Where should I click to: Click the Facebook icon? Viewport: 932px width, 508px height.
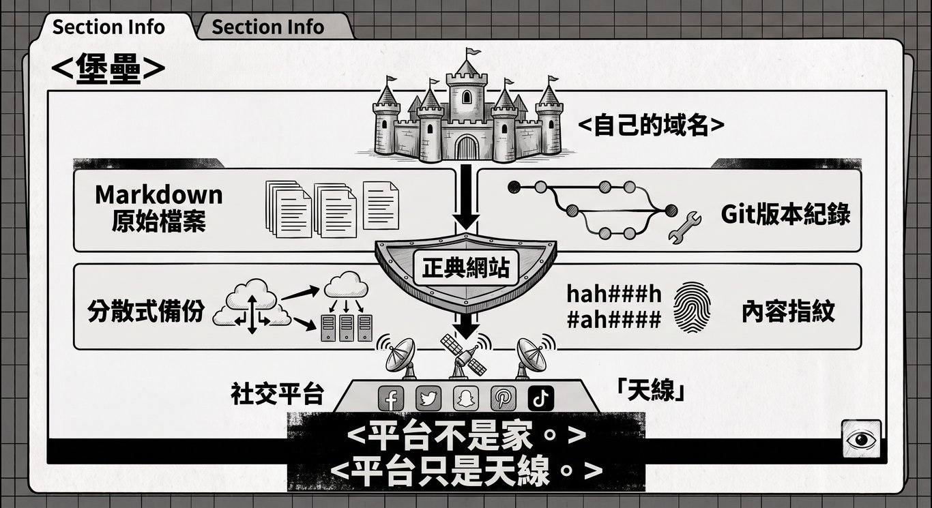[x=391, y=398]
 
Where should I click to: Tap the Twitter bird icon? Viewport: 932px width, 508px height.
[x=428, y=398]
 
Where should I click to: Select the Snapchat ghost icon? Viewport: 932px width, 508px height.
[x=465, y=398]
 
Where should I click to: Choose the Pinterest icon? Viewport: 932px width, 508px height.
[x=503, y=398]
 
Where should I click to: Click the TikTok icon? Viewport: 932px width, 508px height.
[x=540, y=398]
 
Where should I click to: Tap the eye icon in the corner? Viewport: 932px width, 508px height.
[x=861, y=439]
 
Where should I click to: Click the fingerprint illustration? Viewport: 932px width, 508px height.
[x=692, y=308]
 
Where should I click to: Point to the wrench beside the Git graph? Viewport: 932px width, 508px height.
[x=684, y=227]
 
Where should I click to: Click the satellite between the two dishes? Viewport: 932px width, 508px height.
[x=464, y=355]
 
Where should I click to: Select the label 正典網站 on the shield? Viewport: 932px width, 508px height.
[x=465, y=267]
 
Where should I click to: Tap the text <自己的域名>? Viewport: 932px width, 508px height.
[x=651, y=125]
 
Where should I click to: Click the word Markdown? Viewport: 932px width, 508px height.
[x=159, y=194]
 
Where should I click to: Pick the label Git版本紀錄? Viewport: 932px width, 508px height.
[x=786, y=214]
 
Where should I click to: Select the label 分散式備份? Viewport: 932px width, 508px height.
[x=145, y=310]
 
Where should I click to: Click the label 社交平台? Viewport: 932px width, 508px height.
[x=277, y=393]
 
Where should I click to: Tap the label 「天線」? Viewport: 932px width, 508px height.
[x=652, y=391]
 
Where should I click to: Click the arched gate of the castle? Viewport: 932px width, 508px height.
[x=467, y=147]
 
